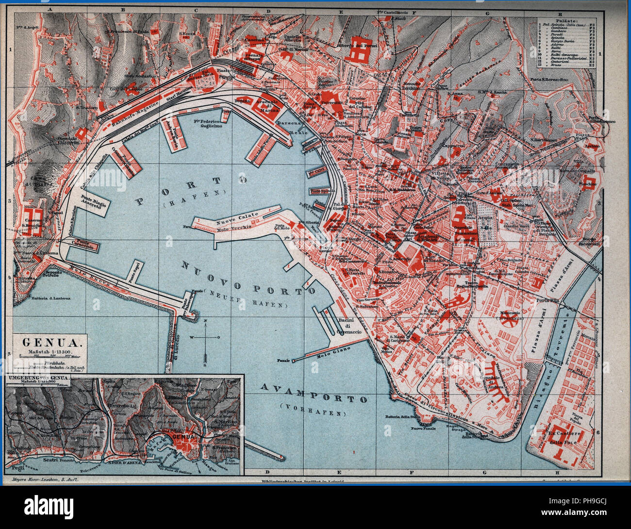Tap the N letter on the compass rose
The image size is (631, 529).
[x=205, y=321]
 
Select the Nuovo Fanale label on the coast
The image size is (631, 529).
[x=422, y=428]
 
